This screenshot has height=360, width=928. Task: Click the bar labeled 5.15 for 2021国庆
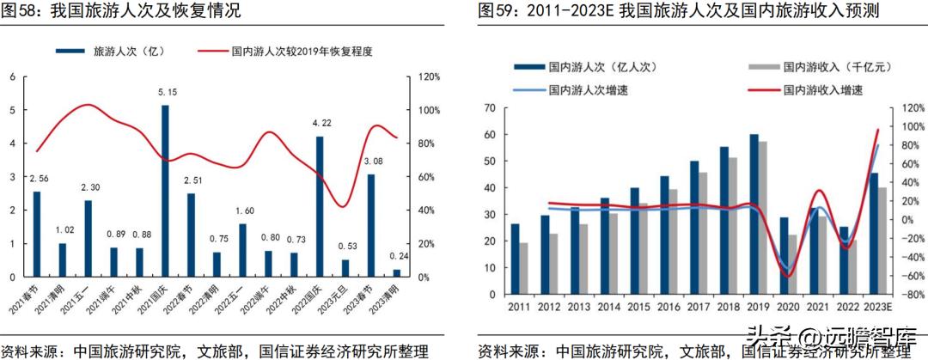tap(165, 191)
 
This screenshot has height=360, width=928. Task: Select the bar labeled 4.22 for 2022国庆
tap(320, 207)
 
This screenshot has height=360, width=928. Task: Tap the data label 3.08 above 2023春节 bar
tap(371, 162)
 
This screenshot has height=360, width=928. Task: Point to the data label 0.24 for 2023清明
tap(397, 256)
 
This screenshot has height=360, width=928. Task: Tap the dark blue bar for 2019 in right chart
tap(754, 214)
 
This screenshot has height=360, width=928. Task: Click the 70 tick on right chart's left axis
tap(491, 108)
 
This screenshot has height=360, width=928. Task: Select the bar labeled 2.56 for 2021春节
tap(37, 234)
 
